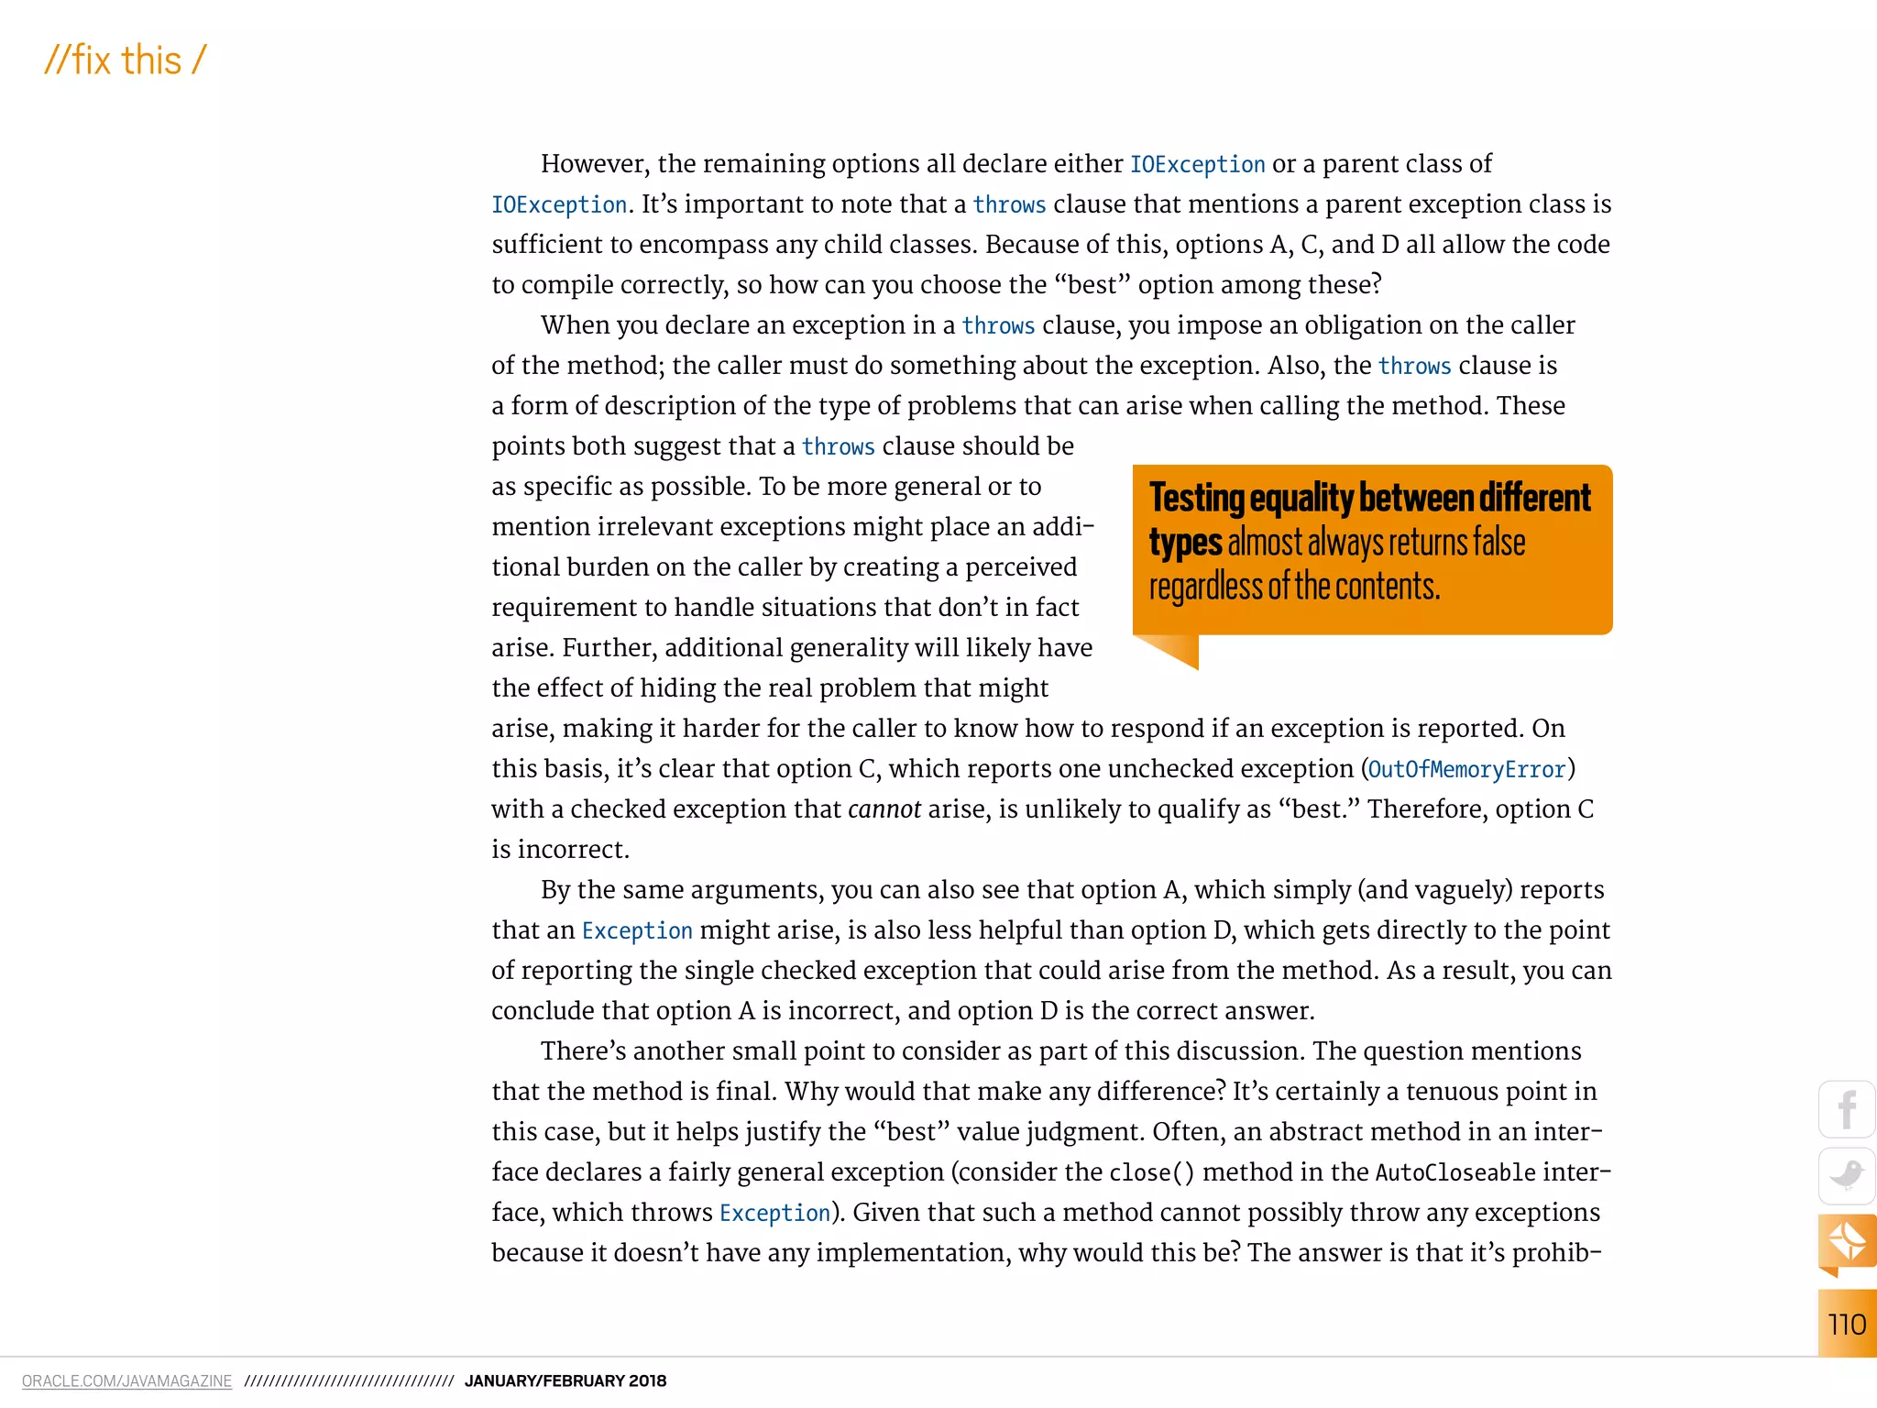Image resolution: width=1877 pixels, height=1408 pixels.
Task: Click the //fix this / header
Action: (126, 61)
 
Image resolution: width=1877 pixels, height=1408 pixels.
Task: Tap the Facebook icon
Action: (1846, 1110)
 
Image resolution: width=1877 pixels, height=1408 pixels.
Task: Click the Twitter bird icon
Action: (1846, 1175)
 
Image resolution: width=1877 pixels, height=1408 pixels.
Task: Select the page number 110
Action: (1846, 1325)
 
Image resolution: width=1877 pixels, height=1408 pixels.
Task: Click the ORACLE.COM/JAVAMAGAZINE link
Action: (126, 1381)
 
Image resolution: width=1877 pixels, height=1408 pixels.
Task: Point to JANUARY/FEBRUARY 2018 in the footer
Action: (565, 1381)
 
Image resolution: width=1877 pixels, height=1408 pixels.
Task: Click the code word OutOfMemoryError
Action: (1466, 769)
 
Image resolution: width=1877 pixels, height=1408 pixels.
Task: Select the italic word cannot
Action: (884, 809)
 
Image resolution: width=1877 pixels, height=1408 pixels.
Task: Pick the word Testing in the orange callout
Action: (1195, 498)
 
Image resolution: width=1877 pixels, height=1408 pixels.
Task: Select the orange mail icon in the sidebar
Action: (1846, 1242)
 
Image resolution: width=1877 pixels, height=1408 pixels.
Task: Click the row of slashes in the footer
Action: (348, 1381)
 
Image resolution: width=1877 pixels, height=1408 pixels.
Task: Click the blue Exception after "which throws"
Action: (774, 1213)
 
